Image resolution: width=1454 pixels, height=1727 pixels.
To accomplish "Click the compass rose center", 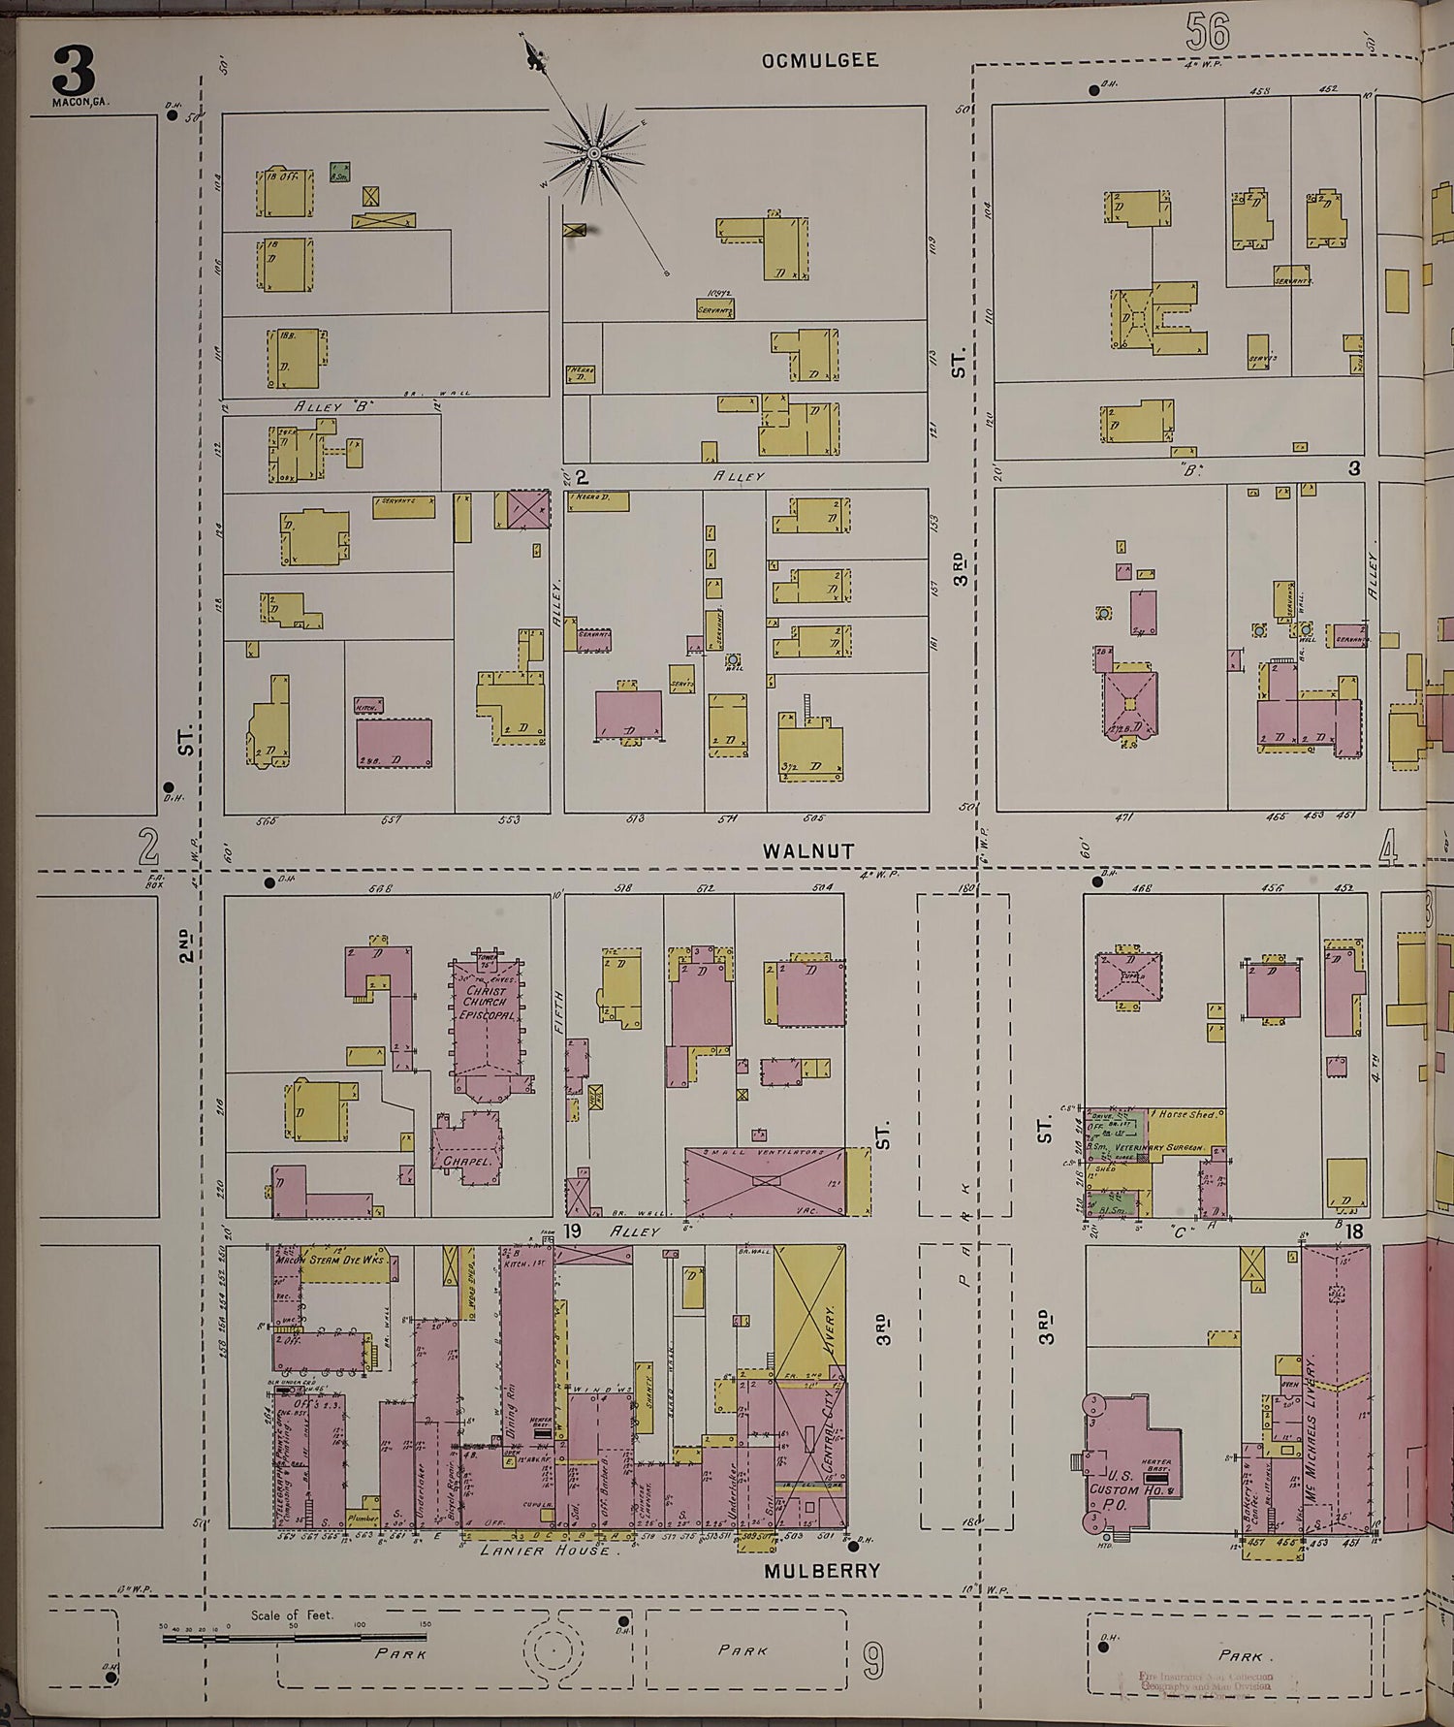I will click(593, 153).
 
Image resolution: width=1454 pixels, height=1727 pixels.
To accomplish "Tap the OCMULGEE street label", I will click(819, 60).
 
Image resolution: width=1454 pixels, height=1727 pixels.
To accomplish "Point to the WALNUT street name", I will click(807, 850).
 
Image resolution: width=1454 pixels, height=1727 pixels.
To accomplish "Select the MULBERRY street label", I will click(821, 1570).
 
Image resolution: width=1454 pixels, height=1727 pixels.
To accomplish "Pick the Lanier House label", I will click(548, 1551).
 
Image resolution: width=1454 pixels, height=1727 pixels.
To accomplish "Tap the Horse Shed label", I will click(1187, 1115).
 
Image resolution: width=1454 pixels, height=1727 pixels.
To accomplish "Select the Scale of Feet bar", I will click(296, 1638).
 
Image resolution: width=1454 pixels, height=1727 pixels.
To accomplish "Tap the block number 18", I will click(1354, 1231).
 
